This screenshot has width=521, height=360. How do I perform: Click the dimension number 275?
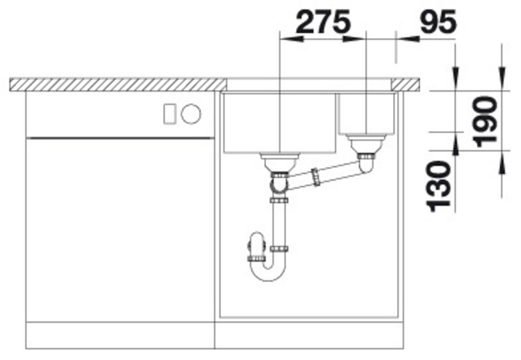click(x=323, y=22)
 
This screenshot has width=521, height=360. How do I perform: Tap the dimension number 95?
click(x=438, y=22)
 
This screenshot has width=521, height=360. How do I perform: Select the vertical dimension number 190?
click(x=486, y=122)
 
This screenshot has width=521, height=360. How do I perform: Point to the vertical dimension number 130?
click(x=439, y=186)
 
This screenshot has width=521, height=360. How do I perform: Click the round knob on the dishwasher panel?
click(x=191, y=114)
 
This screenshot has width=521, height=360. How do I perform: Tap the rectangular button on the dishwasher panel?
click(x=169, y=114)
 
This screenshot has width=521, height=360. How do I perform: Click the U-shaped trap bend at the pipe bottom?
click(x=268, y=271)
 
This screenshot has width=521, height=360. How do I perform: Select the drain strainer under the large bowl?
click(x=280, y=163)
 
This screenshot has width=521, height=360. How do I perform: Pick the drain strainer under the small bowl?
click(x=366, y=144)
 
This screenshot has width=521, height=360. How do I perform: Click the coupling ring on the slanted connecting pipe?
click(x=316, y=177)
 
